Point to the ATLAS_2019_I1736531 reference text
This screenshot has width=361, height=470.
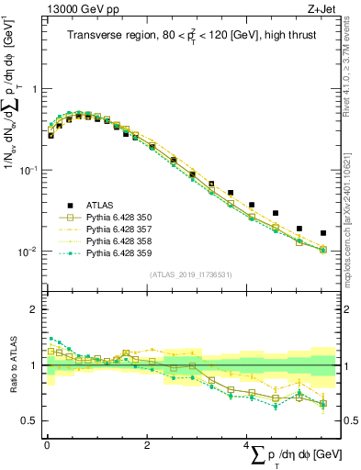(190, 274)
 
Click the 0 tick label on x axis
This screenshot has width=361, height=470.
(47, 445)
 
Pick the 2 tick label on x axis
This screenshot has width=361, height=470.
(147, 445)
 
